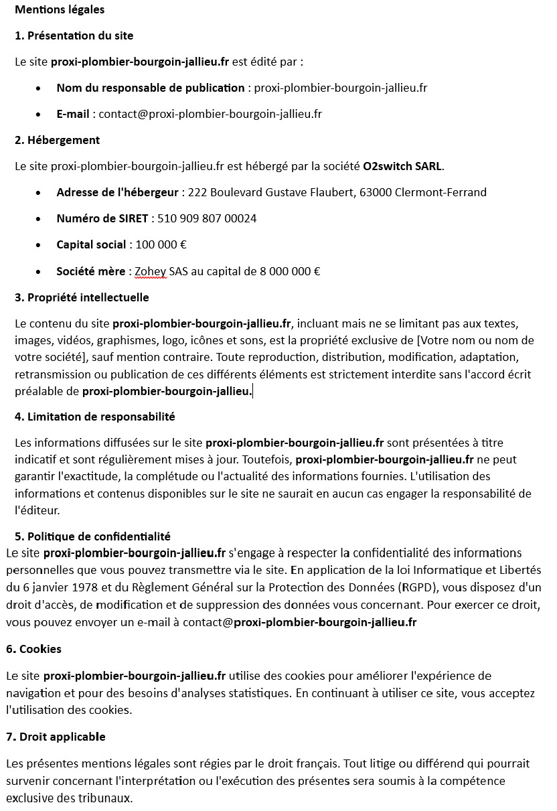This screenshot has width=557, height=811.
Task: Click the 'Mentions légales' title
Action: [x=60, y=10]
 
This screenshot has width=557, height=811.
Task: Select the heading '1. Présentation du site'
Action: [x=74, y=35]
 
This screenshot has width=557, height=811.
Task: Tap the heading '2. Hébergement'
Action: [x=57, y=140]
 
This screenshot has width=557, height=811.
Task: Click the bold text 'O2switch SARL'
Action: [x=402, y=166]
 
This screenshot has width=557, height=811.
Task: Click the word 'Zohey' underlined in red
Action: [x=150, y=271]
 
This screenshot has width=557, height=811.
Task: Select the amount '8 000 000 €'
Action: [x=288, y=271]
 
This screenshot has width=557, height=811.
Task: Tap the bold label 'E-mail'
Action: [x=72, y=114]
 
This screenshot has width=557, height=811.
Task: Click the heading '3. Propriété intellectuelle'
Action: [x=82, y=297]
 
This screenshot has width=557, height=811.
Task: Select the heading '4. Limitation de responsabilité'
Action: [x=94, y=417]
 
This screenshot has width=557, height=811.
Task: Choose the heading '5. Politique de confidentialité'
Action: [x=92, y=536]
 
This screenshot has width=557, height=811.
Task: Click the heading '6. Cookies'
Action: [x=33, y=649]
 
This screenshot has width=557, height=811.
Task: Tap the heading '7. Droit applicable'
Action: [x=56, y=737]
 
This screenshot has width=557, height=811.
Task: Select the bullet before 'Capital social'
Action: [x=42, y=245]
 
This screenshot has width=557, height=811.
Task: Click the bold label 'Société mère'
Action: [x=90, y=271]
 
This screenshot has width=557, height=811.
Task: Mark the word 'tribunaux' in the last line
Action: [x=108, y=798]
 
